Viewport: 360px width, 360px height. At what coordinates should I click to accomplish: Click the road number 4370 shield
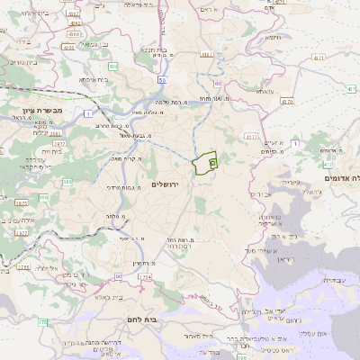click(287, 103)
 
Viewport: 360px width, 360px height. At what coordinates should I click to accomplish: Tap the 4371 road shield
click(319, 58)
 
